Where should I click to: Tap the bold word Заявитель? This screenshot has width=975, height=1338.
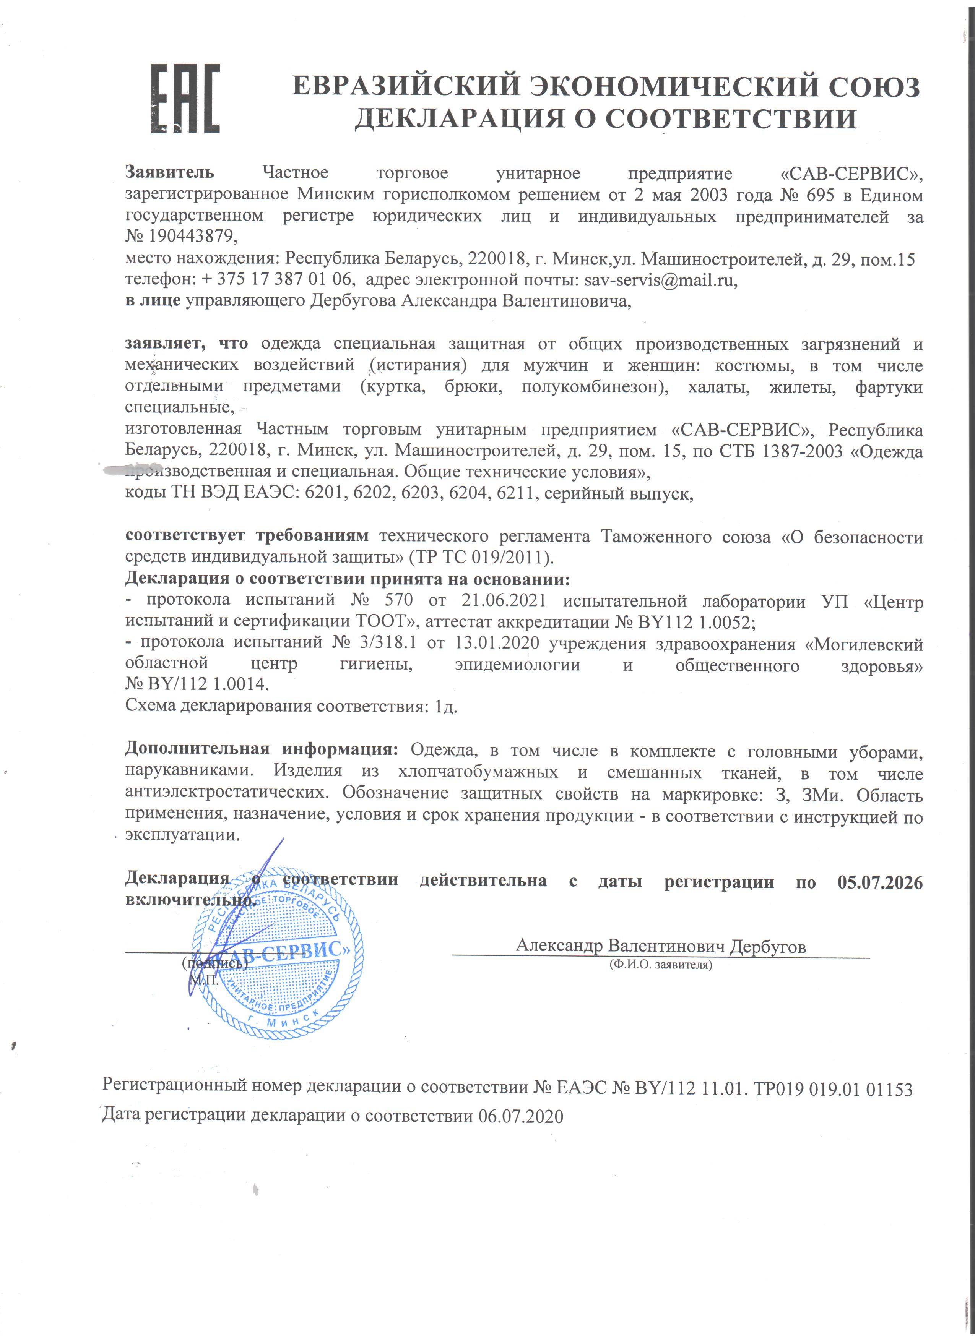[x=169, y=172]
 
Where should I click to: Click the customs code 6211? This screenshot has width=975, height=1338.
[x=517, y=493]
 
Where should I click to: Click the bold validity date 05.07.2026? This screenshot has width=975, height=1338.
[x=879, y=882]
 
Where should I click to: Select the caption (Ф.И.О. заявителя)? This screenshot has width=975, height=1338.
[x=660, y=965]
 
